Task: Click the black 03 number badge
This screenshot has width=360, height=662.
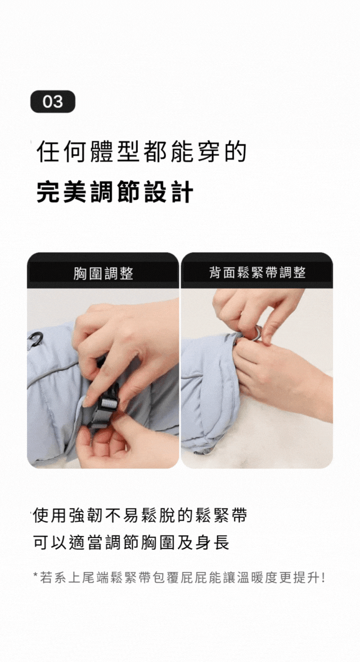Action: click(53, 102)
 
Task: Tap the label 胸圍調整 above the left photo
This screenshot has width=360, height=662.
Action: click(103, 273)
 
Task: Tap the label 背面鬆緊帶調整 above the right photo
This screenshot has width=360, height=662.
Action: click(257, 272)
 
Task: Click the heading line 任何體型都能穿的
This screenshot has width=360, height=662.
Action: click(142, 152)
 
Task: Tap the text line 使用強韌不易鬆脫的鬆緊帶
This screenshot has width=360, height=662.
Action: click(139, 516)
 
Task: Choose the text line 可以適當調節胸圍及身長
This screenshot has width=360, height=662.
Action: click(131, 543)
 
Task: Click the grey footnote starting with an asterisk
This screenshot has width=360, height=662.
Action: click(179, 578)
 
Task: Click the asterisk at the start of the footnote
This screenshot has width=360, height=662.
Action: click(36, 575)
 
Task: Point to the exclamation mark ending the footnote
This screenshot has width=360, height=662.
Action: click(323, 578)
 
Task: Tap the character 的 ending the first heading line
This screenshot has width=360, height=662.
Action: click(236, 152)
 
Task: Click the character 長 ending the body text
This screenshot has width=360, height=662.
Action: click(220, 543)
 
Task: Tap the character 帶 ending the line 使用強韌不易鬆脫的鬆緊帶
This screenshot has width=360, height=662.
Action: click(238, 516)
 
